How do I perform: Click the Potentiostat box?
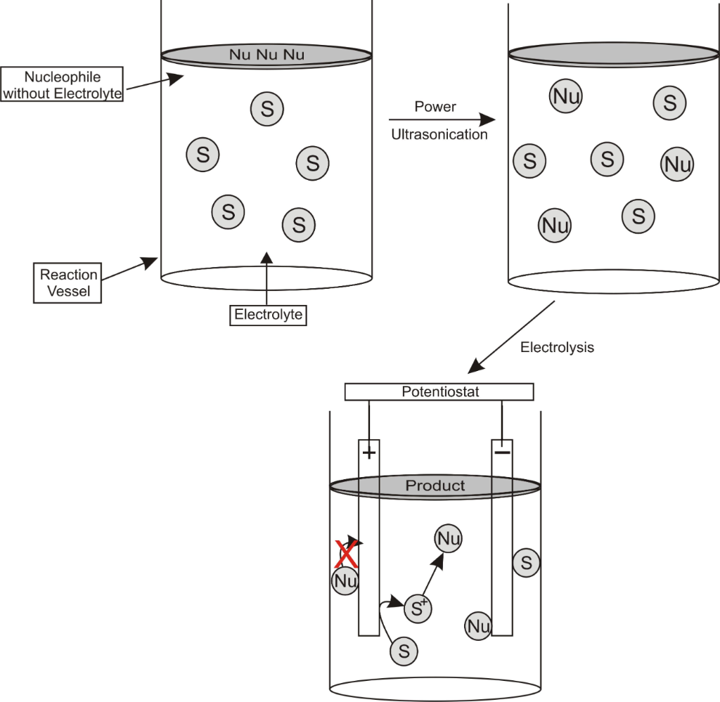tap(439, 391)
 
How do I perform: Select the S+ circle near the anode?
tap(418, 609)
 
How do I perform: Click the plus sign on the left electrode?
tap(368, 453)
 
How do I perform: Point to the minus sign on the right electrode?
tap(502, 452)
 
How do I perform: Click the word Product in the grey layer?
tap(435, 486)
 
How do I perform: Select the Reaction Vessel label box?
tap(68, 282)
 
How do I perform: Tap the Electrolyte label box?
tap(268, 314)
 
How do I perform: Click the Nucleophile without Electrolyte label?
tap(63, 84)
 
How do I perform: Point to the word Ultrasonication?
tap(439, 134)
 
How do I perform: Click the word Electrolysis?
tap(557, 347)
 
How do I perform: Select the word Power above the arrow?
tap(435, 107)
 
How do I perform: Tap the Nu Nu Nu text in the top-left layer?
tap(266, 55)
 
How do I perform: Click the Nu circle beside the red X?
tap(345, 581)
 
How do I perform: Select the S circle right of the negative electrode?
tap(527, 562)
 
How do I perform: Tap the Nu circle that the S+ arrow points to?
tap(449, 539)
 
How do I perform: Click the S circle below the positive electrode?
tap(404, 651)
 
